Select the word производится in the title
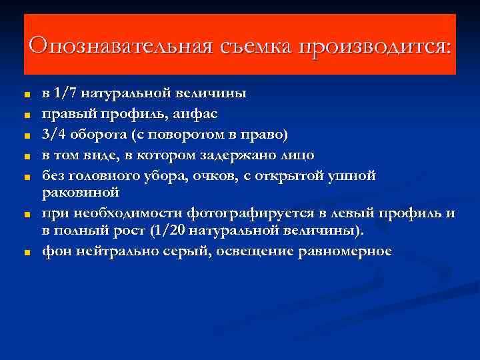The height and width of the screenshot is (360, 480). tap(373, 46)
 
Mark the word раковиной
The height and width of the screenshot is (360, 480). tap(81, 193)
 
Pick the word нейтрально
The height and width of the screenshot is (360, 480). tap(113, 251)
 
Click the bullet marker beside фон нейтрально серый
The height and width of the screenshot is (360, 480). tap(27, 253)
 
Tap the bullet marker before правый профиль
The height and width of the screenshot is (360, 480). tap(27, 115)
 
